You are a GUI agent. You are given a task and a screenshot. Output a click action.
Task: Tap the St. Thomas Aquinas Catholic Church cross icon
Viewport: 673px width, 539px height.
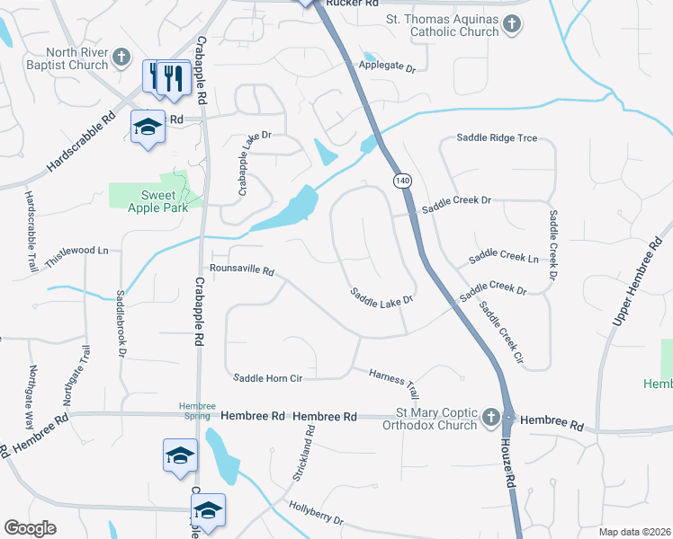click(512, 24)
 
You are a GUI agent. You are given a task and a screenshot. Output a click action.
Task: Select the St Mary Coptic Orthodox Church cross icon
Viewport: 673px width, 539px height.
click(490, 417)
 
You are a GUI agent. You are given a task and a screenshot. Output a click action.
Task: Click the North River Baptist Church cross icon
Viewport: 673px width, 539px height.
click(121, 59)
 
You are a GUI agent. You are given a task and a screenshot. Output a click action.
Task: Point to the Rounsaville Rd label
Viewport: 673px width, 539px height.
click(241, 269)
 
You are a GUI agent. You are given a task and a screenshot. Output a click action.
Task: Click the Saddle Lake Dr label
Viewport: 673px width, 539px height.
click(381, 296)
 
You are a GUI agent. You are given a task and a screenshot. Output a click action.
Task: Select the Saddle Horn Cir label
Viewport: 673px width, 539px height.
click(265, 378)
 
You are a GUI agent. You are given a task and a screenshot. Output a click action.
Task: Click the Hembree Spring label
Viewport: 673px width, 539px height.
click(197, 411)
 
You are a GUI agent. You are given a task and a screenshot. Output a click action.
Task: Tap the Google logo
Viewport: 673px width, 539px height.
click(30, 528)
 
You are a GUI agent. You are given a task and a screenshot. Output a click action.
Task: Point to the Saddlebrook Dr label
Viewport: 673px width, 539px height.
click(121, 324)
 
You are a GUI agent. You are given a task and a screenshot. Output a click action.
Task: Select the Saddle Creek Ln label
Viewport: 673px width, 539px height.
click(504, 259)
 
